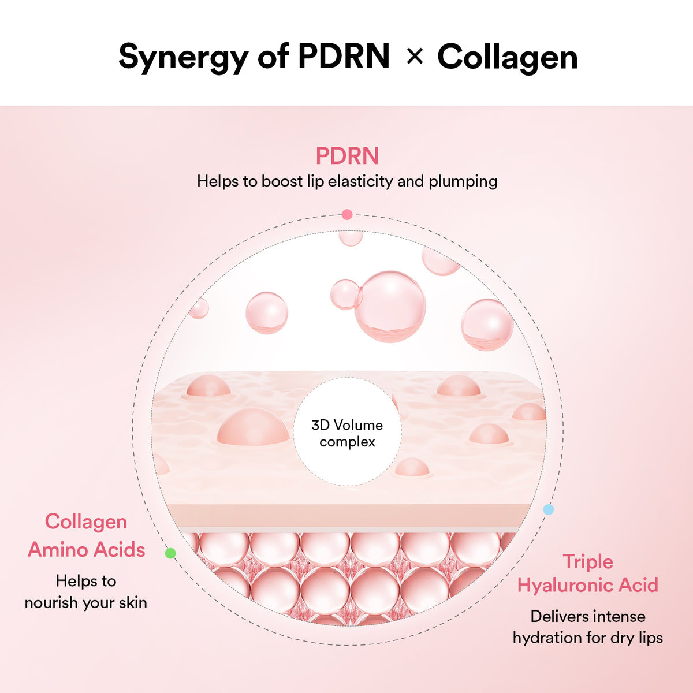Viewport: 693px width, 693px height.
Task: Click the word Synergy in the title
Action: click(184, 57)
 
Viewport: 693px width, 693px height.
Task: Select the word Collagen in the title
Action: click(507, 57)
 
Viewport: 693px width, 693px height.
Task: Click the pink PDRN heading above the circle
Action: click(347, 156)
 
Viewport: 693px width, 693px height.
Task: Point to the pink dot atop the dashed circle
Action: click(346, 215)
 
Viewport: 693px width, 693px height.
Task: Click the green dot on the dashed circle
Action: click(170, 553)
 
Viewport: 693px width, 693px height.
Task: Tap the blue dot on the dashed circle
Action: click(549, 509)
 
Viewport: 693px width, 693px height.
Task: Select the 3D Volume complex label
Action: click(347, 433)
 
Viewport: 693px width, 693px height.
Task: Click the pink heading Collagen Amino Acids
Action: click(86, 535)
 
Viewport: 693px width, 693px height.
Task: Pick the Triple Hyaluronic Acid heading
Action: click(587, 573)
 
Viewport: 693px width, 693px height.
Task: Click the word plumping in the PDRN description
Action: click(463, 181)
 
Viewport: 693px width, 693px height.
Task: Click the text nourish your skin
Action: click(85, 602)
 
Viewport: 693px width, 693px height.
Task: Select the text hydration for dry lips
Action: click(587, 638)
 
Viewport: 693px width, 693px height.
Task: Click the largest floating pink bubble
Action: click(390, 306)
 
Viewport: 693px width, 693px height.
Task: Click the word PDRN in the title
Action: click(344, 57)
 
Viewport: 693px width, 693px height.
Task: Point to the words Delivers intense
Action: click(587, 616)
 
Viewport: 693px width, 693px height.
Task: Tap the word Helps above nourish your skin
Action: click(73, 581)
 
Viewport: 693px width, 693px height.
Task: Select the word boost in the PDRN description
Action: click(282, 181)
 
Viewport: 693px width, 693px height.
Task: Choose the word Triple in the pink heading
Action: click(588, 561)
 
